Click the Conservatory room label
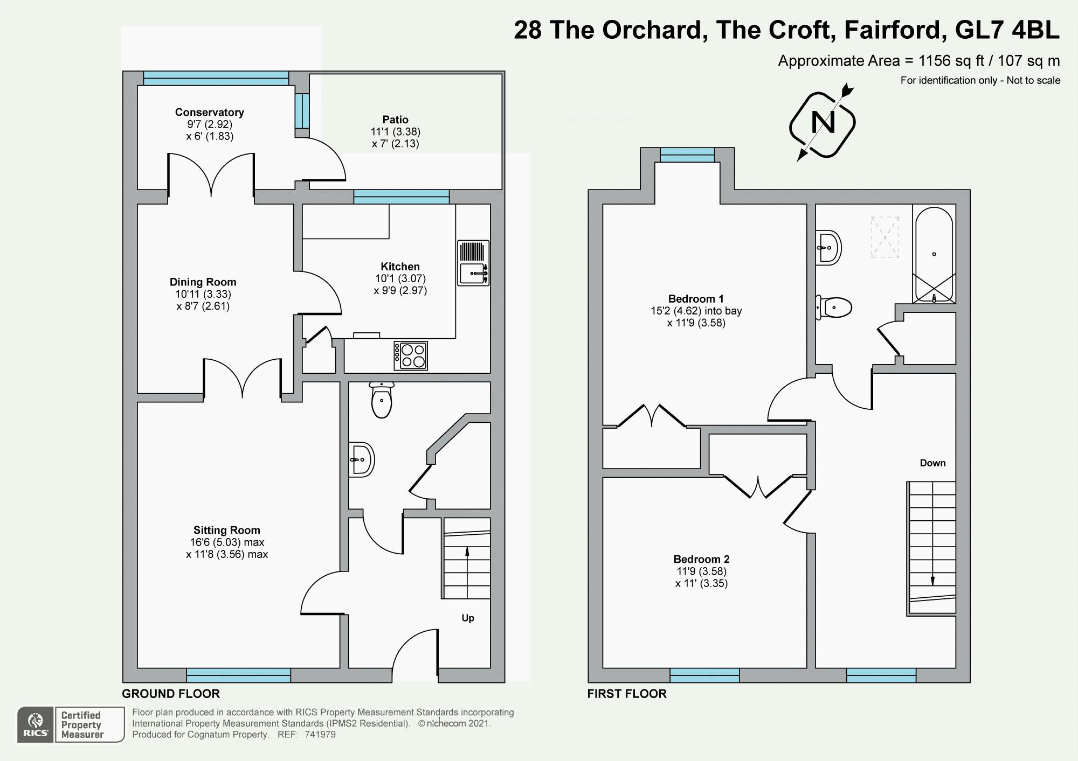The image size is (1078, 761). pos(209,113)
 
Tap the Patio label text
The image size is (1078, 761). pos(395,120)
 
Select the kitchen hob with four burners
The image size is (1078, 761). pos(411,356)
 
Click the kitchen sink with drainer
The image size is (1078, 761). pos(473,263)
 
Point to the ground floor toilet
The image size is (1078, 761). pos(382,401)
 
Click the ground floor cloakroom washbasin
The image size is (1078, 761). pos(361,459)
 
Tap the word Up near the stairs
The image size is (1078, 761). pos(467,618)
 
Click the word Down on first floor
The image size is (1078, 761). pos(932,463)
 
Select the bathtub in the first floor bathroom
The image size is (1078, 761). pos(934,254)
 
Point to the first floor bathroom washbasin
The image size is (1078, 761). pos(828,248)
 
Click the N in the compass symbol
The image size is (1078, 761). pos(823,123)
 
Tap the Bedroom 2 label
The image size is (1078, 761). pos(701,559)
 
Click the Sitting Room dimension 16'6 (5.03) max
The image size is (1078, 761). pos(226,542)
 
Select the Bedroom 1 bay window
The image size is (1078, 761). pos(687,155)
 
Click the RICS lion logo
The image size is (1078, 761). pos(36,724)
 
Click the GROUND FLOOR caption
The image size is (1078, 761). pos(170,694)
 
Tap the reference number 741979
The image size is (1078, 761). pos(320,735)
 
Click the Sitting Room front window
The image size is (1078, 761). pos(238,675)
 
